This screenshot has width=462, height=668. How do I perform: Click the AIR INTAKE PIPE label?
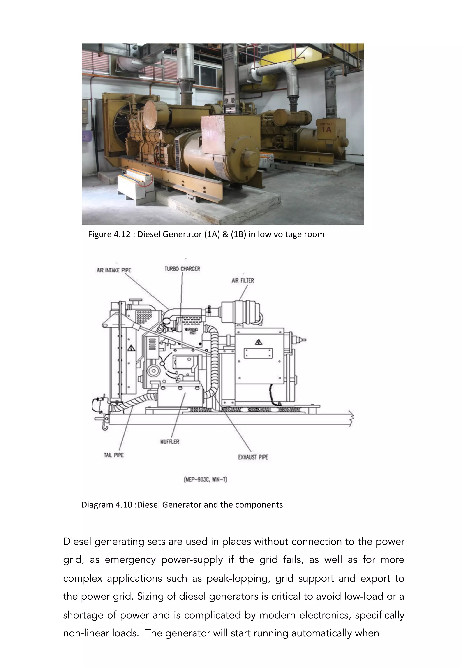click(x=114, y=270)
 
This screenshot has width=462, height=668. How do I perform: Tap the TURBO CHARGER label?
click(x=182, y=269)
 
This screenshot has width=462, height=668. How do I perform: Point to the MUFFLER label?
click(x=170, y=442)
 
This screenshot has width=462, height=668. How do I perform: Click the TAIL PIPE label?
click(x=114, y=455)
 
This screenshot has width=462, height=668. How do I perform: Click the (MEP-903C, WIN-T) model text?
click(x=205, y=479)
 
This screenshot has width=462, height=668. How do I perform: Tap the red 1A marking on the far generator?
click(x=326, y=130)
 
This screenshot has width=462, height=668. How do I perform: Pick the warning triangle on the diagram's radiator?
click(x=132, y=348)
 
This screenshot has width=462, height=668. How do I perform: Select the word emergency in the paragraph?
click(x=130, y=559)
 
